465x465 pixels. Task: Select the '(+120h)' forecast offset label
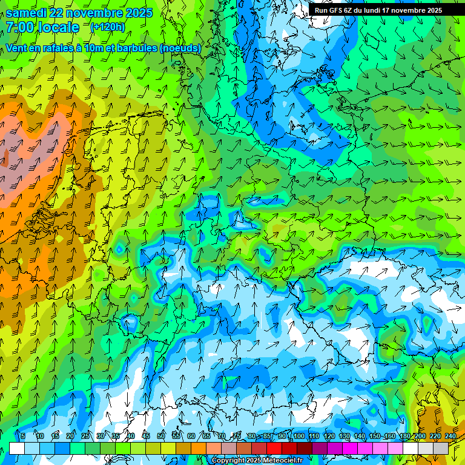pyautogui.click(x=107, y=27)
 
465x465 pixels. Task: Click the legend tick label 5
pyautogui.click(x=23, y=437)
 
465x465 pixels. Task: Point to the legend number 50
pyautogui.click(x=161, y=437)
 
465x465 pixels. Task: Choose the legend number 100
pyautogui.click(x=298, y=437)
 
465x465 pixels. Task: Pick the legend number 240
pyautogui.click(x=450, y=437)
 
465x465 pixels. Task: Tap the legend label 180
pyautogui.click(x=404, y=437)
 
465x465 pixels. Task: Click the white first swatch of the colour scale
pyautogui.click(x=17, y=448)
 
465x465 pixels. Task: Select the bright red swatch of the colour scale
pyautogui.click(x=275, y=448)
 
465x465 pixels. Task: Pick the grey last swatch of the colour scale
pyautogui.click(x=441, y=448)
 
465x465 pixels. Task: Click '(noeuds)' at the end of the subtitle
pyautogui.click(x=180, y=48)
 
